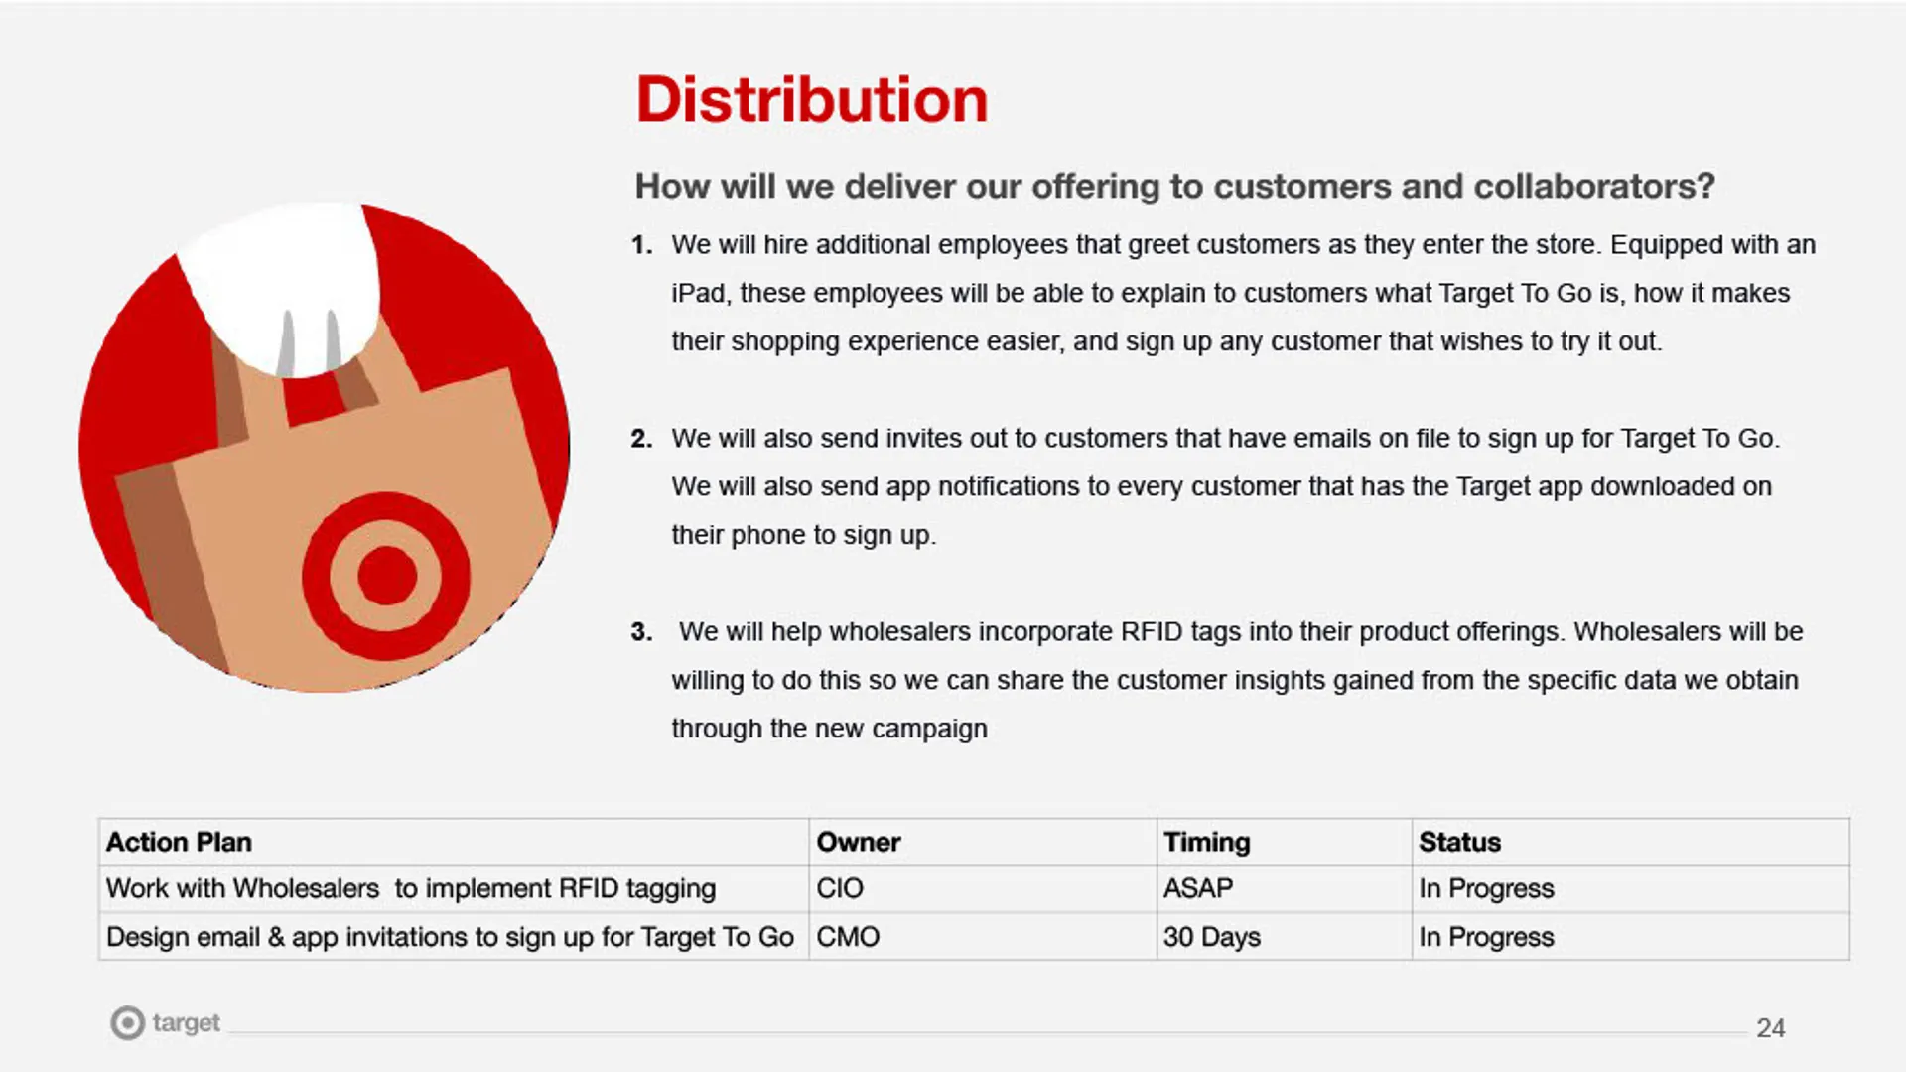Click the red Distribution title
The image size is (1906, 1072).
(x=812, y=100)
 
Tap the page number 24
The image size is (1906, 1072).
(x=1770, y=1028)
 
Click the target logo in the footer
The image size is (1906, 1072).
(x=165, y=1022)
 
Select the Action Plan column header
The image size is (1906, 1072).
(x=179, y=842)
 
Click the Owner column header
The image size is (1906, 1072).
(x=859, y=842)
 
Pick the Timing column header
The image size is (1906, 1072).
(x=1206, y=842)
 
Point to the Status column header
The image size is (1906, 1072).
(x=1459, y=842)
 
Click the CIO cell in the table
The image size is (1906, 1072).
(x=840, y=888)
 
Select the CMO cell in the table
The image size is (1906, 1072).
(x=848, y=937)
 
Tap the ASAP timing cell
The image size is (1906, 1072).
(x=1198, y=888)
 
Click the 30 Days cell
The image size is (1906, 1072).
(x=1212, y=937)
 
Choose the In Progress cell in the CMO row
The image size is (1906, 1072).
(x=1486, y=937)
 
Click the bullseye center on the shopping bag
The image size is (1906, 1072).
(x=386, y=576)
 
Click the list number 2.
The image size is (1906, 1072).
(x=641, y=439)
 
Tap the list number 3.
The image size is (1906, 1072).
(x=641, y=632)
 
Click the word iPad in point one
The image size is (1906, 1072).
(x=698, y=294)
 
